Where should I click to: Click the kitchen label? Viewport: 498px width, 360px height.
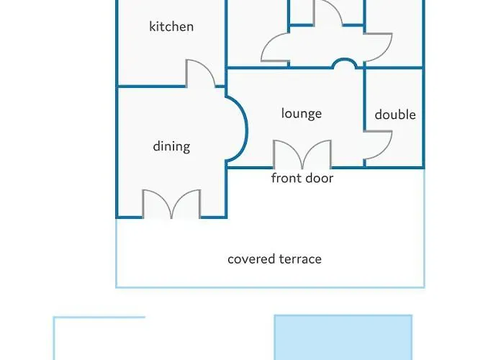(x=171, y=27)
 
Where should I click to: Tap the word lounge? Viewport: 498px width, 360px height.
(x=302, y=114)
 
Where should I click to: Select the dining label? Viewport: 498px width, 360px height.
(x=171, y=146)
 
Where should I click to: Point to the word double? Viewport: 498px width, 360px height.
(x=395, y=114)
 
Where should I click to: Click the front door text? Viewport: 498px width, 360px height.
(x=302, y=178)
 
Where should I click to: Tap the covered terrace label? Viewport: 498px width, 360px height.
(x=274, y=259)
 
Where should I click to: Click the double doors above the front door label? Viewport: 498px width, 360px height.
(x=302, y=154)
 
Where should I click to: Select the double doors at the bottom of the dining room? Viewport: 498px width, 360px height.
(x=171, y=204)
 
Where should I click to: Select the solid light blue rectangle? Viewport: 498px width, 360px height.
(x=343, y=338)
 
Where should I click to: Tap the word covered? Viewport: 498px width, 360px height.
(x=251, y=259)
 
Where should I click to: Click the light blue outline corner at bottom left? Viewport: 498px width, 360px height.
(x=54, y=317)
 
